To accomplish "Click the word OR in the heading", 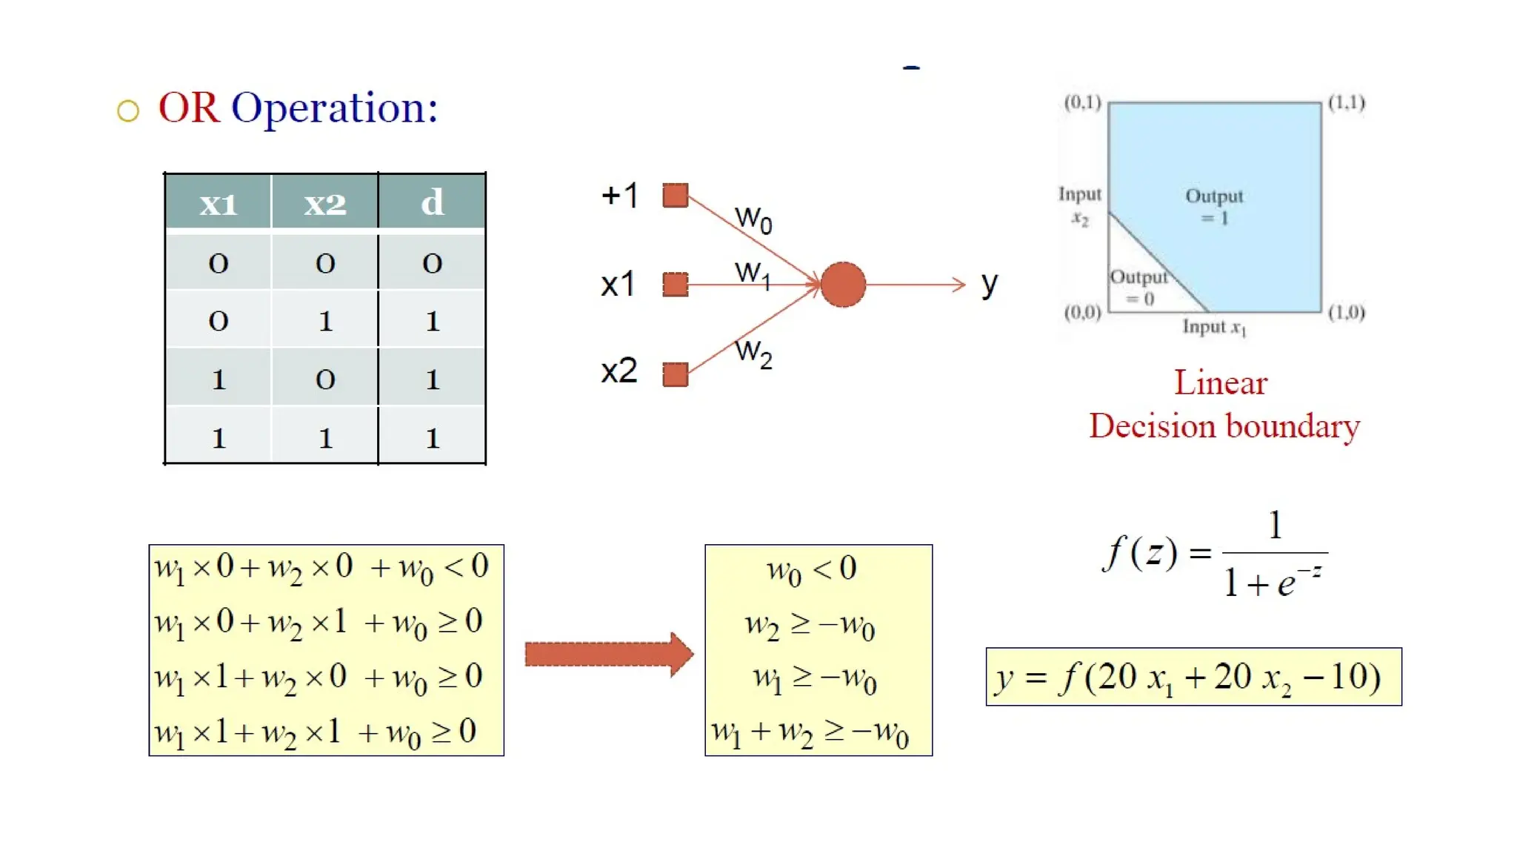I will [189, 108].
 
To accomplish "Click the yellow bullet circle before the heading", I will [128, 111].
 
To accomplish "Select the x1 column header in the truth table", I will [219, 202].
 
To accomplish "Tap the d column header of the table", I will [432, 202].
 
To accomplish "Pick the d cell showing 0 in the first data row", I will [432, 263].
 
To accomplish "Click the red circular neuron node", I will [843, 285].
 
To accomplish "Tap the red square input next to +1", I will [675, 196].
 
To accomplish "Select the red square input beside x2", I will [675, 374].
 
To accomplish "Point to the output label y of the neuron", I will [990, 285].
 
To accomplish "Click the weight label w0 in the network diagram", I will [753, 219].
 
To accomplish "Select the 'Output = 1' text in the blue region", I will [1214, 206].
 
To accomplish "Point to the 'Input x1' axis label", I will [1214, 327].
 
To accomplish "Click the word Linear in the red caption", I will [1221, 383].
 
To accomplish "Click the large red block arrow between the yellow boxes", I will [607, 654].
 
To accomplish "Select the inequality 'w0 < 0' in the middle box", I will [812, 570].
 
